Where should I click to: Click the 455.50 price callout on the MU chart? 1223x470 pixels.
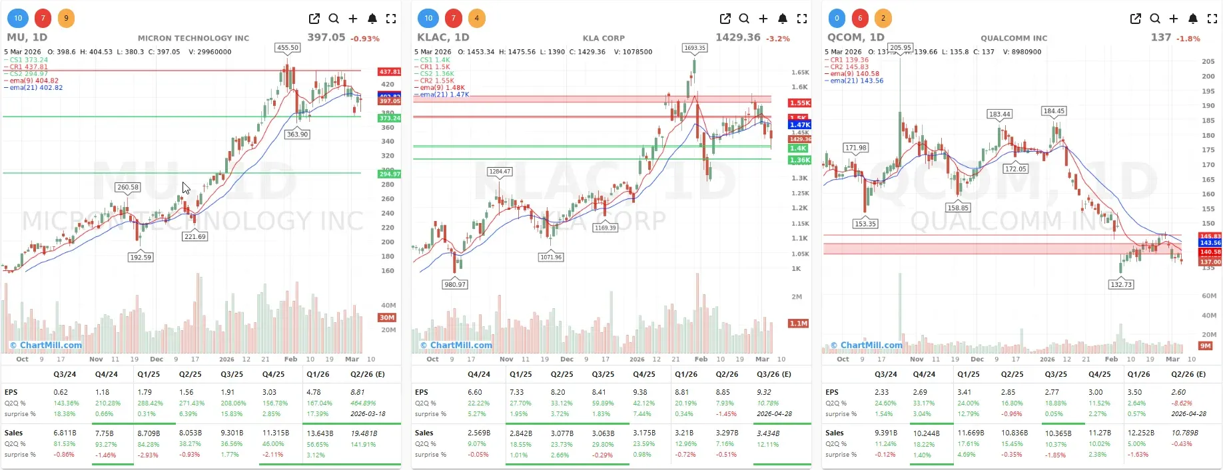(288, 48)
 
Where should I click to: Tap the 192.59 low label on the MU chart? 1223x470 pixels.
(141, 257)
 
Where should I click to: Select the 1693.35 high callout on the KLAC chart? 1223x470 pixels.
(695, 48)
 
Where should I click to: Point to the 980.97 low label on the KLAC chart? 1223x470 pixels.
(455, 284)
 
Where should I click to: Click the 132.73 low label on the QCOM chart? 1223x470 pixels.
(1121, 284)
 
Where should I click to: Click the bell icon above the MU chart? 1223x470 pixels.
(372, 19)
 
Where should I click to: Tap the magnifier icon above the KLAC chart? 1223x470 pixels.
(744, 19)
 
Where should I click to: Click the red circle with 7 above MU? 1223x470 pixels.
(43, 18)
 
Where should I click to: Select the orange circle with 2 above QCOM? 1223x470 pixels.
(883, 18)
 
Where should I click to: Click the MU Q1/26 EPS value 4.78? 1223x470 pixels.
(313, 392)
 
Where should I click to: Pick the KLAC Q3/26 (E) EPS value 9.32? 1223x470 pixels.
(764, 392)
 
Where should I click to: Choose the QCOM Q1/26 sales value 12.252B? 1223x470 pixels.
(1140, 433)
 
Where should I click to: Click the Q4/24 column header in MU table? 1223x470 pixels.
(107, 374)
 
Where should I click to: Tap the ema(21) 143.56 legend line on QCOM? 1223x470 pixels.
(857, 81)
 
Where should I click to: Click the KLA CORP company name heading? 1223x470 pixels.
(604, 38)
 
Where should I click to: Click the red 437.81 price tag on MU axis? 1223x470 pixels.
(389, 71)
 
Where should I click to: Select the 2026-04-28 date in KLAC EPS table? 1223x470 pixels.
(773, 413)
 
